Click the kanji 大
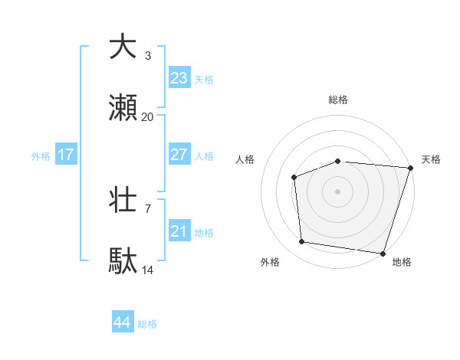click(123, 47)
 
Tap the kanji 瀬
click(123, 110)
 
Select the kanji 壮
click(123, 201)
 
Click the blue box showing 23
click(179, 78)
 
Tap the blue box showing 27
click(179, 155)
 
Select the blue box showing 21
click(179, 231)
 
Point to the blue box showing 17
click(66, 155)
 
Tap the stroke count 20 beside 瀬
click(147, 117)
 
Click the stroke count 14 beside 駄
click(147, 270)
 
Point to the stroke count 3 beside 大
click(148, 56)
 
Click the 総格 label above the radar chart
click(337, 100)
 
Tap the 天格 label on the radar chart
click(432, 159)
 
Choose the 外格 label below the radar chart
click(270, 262)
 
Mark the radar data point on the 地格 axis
click(383, 253)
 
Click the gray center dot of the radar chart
click(337, 191)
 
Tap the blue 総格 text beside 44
click(147, 324)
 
